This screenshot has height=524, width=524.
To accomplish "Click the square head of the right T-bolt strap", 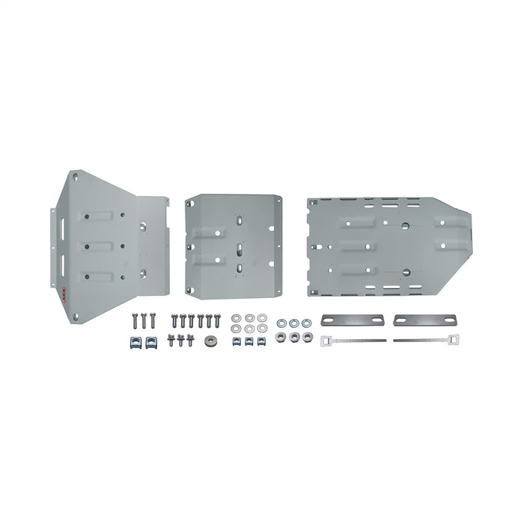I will point(452,341).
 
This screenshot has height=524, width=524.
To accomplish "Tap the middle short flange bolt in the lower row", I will point(182,341).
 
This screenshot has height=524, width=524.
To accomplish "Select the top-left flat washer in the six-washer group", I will point(237,317).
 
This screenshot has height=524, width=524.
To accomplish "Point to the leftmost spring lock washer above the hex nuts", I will point(281,323).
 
